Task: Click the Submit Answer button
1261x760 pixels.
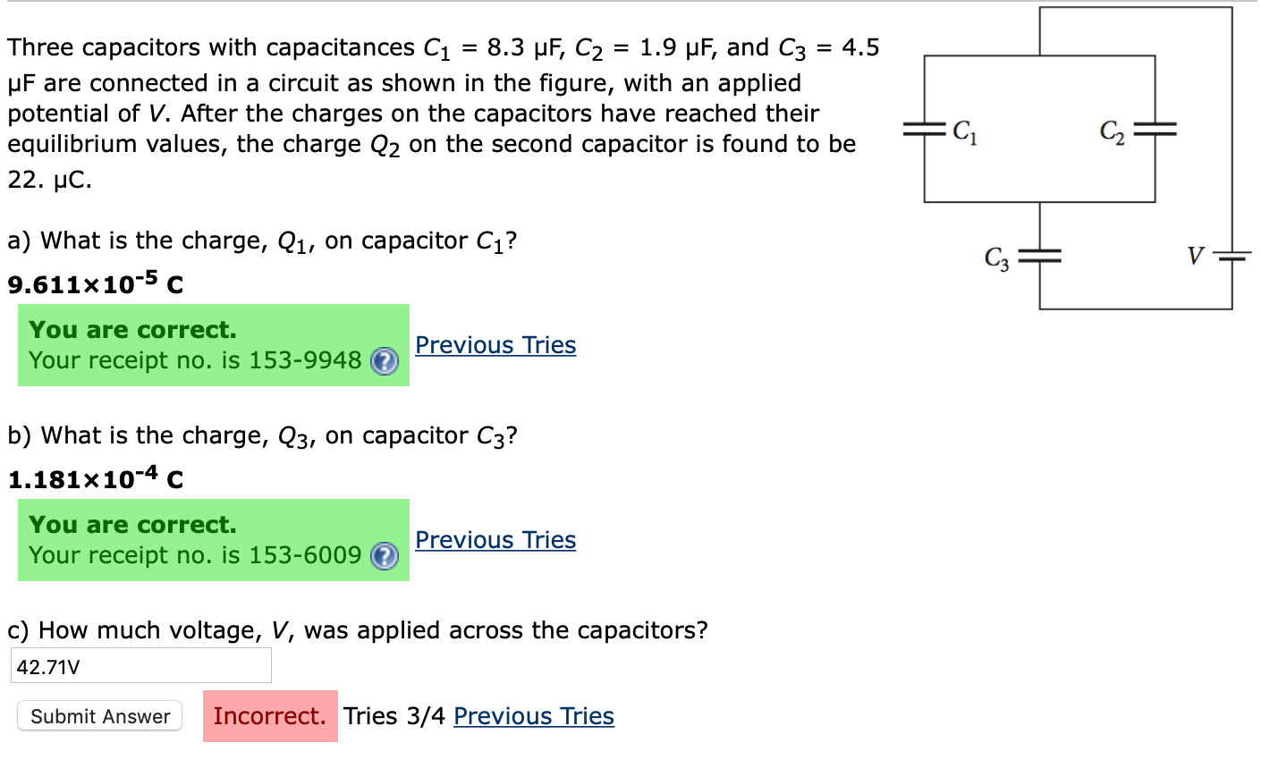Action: [99, 716]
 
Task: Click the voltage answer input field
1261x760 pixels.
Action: [140, 666]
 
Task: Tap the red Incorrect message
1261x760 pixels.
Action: [270, 716]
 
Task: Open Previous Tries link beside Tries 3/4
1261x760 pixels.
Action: [534, 716]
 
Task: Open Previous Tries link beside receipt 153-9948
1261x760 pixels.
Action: [495, 345]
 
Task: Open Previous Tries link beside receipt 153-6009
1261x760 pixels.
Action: [495, 540]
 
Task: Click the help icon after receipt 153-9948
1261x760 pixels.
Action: [385, 361]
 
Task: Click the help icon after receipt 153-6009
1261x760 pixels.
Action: [385, 556]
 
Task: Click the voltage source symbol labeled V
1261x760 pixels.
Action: [1231, 258]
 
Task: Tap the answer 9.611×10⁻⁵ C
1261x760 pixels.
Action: [96, 284]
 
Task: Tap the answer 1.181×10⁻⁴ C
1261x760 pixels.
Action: [96, 479]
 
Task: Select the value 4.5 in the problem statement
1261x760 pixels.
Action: [860, 47]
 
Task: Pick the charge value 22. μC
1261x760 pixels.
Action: [50, 179]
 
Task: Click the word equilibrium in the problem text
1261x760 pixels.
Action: [73, 144]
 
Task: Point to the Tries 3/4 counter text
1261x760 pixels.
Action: [394, 716]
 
